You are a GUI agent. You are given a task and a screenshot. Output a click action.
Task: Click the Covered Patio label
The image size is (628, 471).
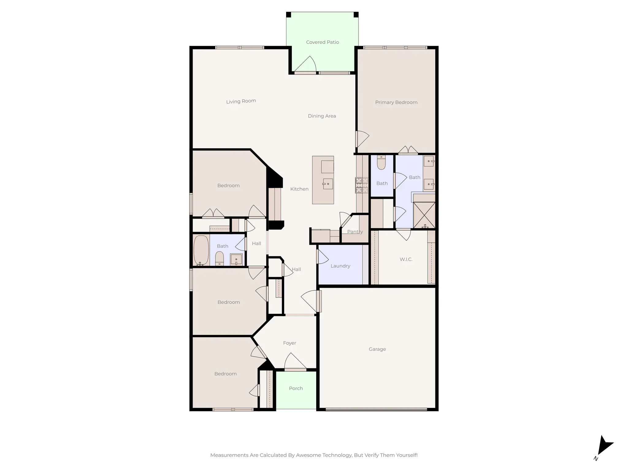pyautogui.click(x=322, y=42)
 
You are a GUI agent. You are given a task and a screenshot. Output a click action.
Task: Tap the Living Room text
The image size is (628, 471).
pyautogui.click(x=241, y=101)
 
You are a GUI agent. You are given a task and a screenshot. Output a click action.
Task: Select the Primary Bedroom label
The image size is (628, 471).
pyautogui.click(x=396, y=102)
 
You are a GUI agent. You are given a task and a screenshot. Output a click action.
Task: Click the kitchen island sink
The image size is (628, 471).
pyautogui.click(x=328, y=184)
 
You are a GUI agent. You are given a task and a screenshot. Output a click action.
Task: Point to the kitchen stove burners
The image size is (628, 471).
pyautogui.click(x=362, y=186)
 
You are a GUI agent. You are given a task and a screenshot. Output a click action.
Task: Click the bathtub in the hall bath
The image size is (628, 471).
pyautogui.click(x=201, y=250)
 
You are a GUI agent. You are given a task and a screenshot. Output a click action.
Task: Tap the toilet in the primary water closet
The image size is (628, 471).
pyautogui.click(x=381, y=163)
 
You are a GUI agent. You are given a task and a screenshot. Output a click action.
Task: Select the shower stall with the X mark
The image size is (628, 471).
pyautogui.click(x=424, y=215)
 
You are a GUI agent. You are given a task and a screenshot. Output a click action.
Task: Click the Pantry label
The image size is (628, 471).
pyautogui.click(x=355, y=232)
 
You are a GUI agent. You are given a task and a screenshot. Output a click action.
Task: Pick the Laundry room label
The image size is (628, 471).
pyautogui.click(x=340, y=266)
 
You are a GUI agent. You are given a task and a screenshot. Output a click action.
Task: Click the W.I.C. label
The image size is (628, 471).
pyautogui.click(x=406, y=259)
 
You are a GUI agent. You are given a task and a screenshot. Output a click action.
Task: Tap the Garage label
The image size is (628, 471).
pyautogui.click(x=377, y=349)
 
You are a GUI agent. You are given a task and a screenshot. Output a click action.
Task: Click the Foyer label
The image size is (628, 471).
pyautogui.click(x=289, y=343)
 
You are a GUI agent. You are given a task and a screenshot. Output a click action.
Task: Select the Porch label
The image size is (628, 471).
pyautogui.click(x=296, y=389)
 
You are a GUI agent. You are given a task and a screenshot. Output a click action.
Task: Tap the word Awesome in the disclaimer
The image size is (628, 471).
pyautogui.click(x=308, y=455)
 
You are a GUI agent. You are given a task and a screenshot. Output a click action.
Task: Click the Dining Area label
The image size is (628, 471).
pyautogui.click(x=322, y=116)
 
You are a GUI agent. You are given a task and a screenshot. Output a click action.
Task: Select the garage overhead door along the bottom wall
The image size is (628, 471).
pyautogui.click(x=376, y=409)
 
